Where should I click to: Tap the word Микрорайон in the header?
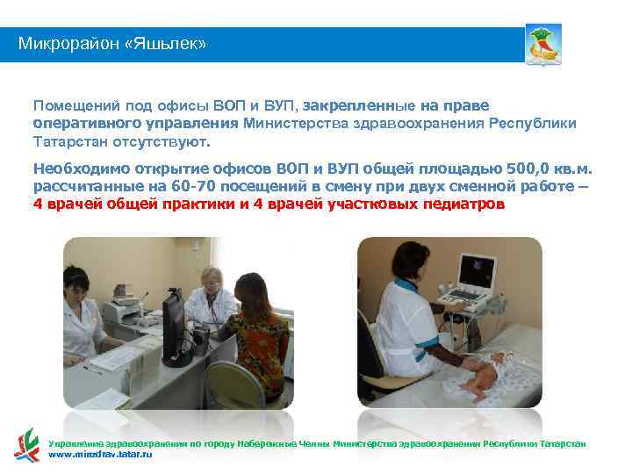point(73,43)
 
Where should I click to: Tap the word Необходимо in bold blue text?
point(75,169)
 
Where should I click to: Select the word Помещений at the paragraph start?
point(73,105)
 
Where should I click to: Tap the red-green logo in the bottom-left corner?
point(26,444)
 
